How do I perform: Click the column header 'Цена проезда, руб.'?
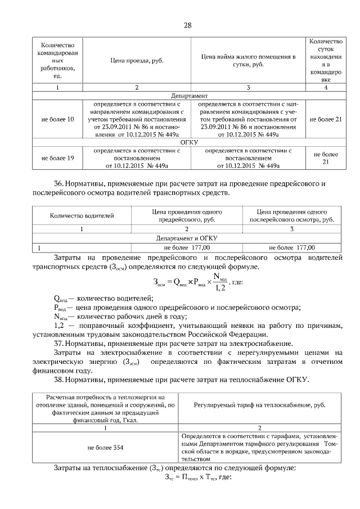click(x=136, y=60)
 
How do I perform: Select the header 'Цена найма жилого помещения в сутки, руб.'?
click(x=248, y=60)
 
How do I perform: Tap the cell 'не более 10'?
click(x=57, y=119)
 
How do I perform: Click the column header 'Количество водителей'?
click(x=82, y=215)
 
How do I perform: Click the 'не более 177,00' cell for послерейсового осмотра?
click(x=292, y=247)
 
